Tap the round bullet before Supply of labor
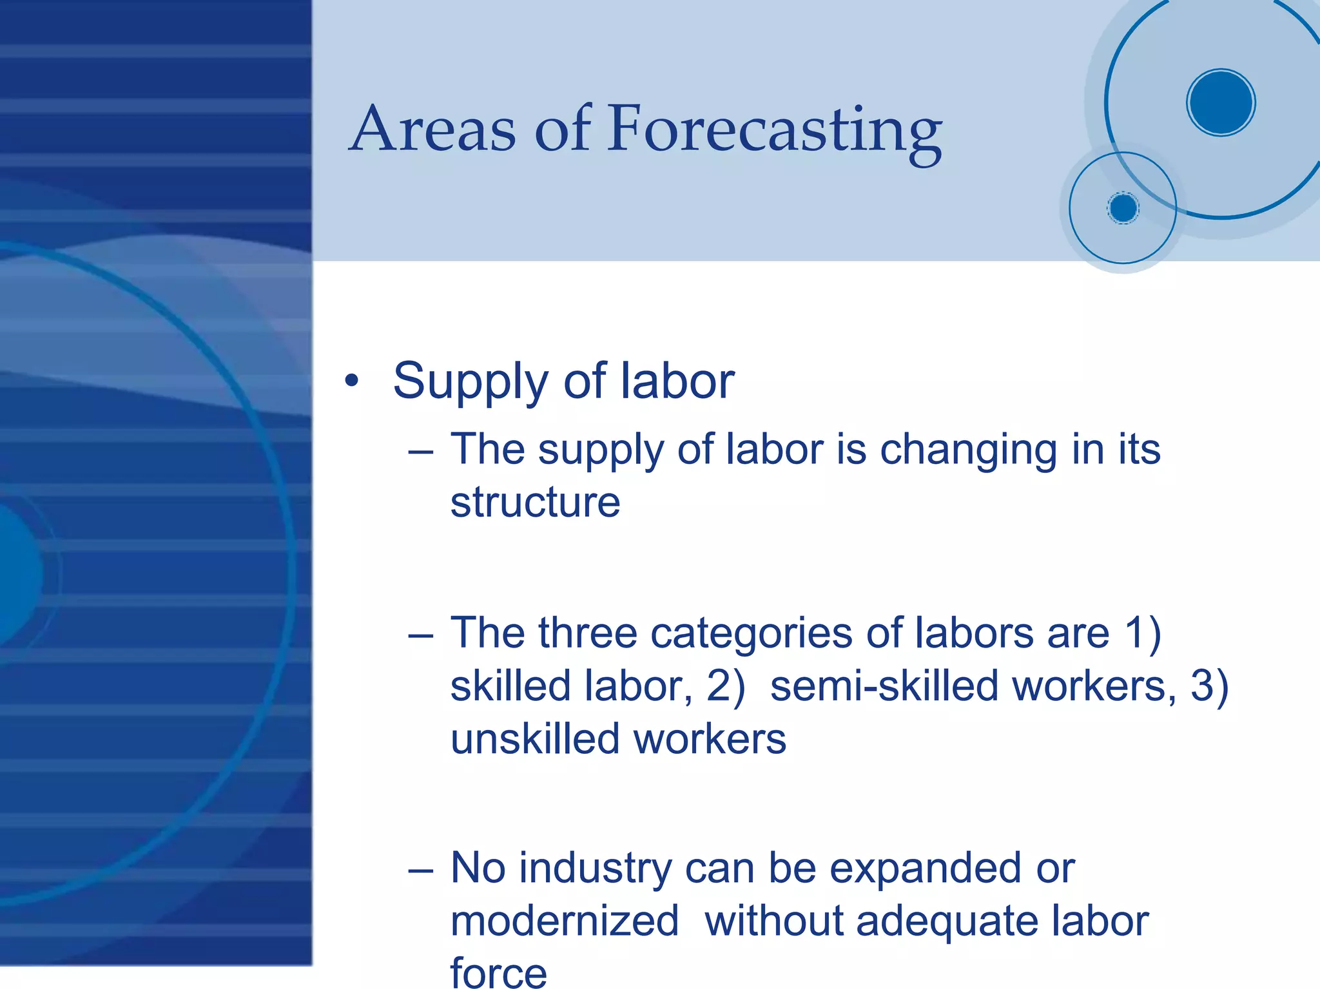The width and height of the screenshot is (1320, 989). [x=351, y=381]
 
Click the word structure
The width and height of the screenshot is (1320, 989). [x=535, y=503]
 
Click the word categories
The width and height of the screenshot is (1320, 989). [x=751, y=633]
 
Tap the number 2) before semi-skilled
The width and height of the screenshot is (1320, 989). [x=726, y=686]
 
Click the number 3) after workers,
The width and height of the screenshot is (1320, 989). [x=1210, y=686]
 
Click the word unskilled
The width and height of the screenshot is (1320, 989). [x=534, y=739]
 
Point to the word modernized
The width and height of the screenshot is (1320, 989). [x=565, y=921]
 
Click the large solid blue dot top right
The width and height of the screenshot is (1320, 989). [x=1221, y=102]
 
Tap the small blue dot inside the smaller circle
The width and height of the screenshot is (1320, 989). [x=1123, y=208]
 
